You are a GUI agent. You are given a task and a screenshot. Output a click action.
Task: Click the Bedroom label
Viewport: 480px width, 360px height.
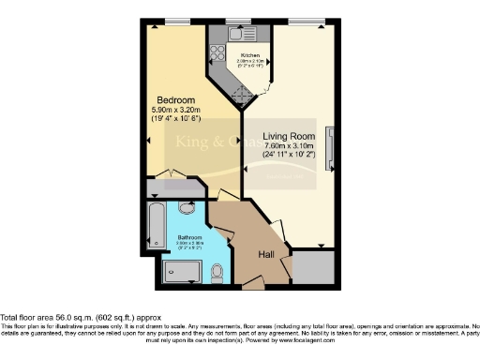175,100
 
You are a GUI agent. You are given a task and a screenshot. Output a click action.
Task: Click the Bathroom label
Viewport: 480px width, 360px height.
191,237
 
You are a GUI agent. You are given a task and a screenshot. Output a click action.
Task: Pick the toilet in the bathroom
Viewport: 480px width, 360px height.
217,272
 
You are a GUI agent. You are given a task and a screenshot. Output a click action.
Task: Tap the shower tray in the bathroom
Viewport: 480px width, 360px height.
182,273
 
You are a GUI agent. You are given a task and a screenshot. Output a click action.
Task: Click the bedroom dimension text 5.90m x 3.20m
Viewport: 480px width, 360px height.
175,110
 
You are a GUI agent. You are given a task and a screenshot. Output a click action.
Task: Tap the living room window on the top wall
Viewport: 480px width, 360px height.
300,22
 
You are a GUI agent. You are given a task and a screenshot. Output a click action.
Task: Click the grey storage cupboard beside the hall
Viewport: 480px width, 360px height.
312,269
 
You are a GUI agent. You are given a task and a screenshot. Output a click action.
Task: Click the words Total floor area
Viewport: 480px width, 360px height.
28,317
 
